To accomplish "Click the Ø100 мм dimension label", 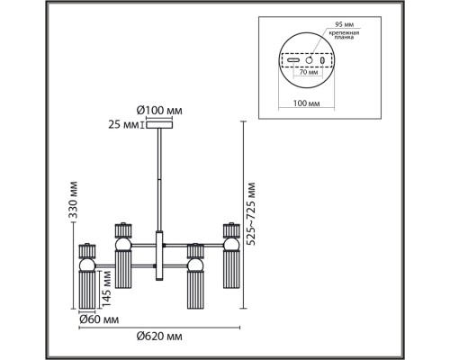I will (x=160, y=112).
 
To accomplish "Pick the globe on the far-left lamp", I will (x=89, y=265).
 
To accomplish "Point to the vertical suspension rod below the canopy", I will (x=160, y=180).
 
